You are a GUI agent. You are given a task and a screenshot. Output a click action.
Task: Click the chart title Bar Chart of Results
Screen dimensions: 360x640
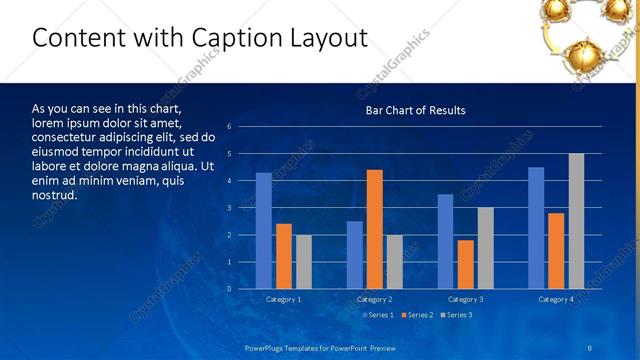click(x=415, y=110)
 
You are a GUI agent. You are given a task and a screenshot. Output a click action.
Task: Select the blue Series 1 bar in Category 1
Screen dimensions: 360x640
click(x=263, y=231)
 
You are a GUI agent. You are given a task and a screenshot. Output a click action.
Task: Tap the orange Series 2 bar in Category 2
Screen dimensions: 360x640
click(x=375, y=229)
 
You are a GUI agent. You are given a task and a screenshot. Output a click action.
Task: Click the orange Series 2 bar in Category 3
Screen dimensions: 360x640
click(x=465, y=264)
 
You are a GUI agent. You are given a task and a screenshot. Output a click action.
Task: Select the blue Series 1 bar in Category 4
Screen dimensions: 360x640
click(x=536, y=228)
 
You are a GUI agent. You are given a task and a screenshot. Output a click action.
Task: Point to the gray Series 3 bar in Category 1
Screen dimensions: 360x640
click(x=303, y=262)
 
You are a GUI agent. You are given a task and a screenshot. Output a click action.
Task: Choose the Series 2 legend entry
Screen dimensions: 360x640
click(x=418, y=315)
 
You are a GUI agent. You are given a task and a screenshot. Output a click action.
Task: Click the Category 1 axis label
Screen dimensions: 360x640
click(x=283, y=299)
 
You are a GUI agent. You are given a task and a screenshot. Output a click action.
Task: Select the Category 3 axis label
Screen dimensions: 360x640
click(x=465, y=299)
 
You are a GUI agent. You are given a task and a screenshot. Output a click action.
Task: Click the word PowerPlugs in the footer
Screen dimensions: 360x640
click(x=267, y=347)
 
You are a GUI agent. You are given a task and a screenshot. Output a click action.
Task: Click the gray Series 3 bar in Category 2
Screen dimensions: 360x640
click(x=394, y=262)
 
